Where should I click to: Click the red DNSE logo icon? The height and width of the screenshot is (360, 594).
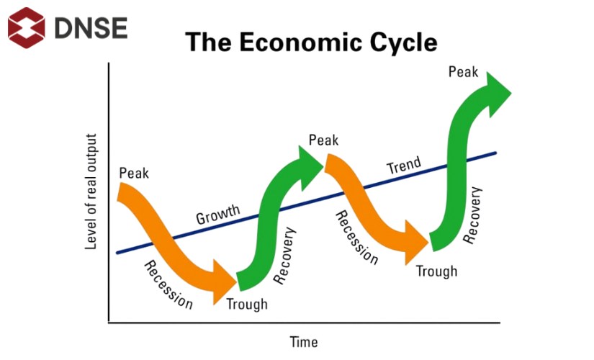click(27, 27)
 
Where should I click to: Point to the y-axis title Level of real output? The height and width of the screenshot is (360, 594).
click(91, 192)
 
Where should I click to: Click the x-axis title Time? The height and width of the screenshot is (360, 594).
click(303, 342)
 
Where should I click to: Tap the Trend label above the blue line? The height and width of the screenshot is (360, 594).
click(403, 167)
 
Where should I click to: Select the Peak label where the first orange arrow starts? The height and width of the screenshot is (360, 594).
click(134, 174)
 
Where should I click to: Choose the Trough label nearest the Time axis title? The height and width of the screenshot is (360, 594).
click(246, 304)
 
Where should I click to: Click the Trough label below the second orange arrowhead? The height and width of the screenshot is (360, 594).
click(436, 271)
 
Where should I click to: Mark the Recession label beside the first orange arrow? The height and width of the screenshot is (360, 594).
click(168, 285)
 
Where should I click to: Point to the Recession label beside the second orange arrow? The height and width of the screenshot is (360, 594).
click(356, 238)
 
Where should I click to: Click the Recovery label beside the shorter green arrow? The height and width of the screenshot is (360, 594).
click(285, 256)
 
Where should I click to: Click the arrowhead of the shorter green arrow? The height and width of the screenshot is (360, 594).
click(310, 161)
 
